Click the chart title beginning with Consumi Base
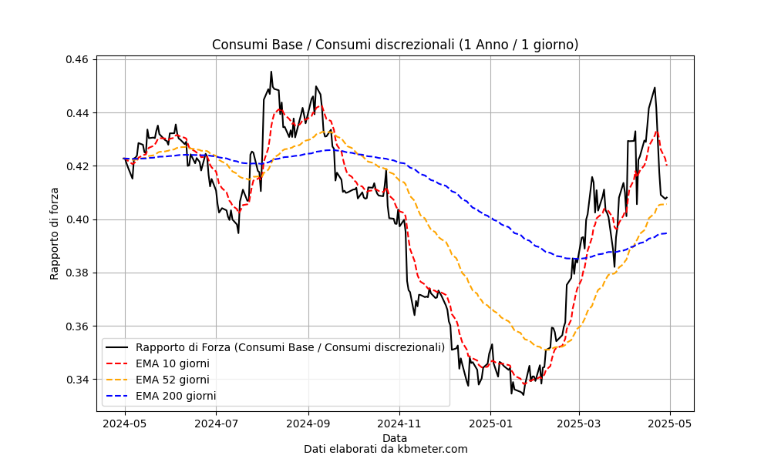point(395,45)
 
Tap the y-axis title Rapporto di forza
point(54,234)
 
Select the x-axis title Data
point(394,438)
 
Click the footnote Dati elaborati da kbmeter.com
point(385,449)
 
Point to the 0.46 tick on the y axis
point(76,60)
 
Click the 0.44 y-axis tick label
point(76,113)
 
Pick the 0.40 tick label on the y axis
point(76,220)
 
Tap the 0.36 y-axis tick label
point(76,326)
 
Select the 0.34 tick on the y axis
point(76,380)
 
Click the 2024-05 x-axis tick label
point(125,423)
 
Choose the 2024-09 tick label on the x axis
point(309,423)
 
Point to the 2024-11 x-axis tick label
point(399,423)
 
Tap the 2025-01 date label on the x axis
point(490,423)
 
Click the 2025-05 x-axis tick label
point(670,423)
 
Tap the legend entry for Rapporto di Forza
point(275,347)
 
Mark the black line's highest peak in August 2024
point(271,72)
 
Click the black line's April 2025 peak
point(655,88)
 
